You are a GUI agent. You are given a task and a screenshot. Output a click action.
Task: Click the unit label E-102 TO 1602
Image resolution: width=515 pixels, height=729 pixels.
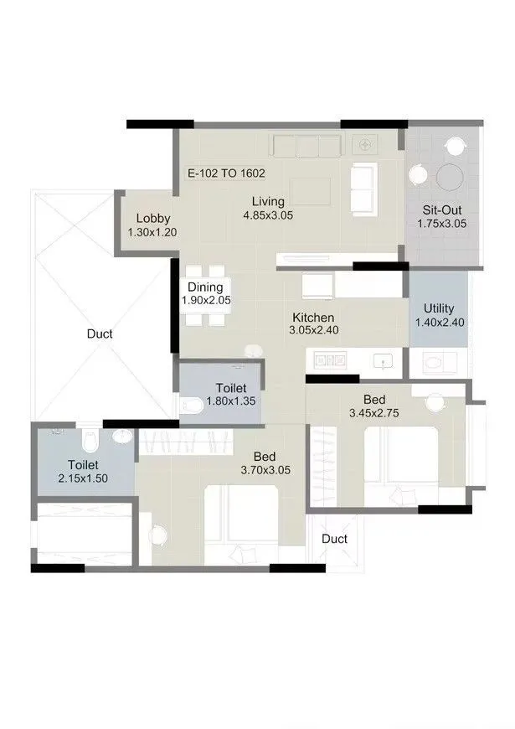(225, 174)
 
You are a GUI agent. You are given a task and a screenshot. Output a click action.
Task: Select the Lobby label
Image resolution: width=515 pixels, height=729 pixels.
(153, 219)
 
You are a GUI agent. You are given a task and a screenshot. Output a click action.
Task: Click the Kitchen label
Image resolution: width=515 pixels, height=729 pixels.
(313, 318)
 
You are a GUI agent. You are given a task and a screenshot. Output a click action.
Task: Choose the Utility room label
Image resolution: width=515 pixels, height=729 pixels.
(439, 308)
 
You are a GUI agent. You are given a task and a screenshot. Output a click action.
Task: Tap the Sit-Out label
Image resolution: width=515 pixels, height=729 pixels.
(440, 209)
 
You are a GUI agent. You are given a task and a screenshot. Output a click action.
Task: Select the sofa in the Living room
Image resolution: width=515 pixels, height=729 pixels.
(363, 189)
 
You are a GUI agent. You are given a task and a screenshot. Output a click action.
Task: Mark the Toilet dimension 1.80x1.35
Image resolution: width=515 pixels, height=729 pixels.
(230, 402)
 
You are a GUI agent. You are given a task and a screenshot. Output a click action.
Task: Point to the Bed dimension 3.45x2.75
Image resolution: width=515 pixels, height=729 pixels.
(373, 414)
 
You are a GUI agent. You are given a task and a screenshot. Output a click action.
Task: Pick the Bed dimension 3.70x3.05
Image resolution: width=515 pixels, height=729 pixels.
(265, 471)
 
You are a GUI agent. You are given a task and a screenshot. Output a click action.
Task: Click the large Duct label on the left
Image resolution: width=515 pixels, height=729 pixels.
(100, 333)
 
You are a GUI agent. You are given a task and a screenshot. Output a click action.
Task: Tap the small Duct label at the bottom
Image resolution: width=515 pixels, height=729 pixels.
(334, 539)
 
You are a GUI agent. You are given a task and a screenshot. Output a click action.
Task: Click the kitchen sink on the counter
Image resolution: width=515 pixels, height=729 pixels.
(383, 361)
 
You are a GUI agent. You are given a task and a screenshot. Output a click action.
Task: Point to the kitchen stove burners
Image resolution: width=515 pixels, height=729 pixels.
(331, 360)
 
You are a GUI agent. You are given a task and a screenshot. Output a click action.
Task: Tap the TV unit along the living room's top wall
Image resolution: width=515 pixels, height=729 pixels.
(306, 146)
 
